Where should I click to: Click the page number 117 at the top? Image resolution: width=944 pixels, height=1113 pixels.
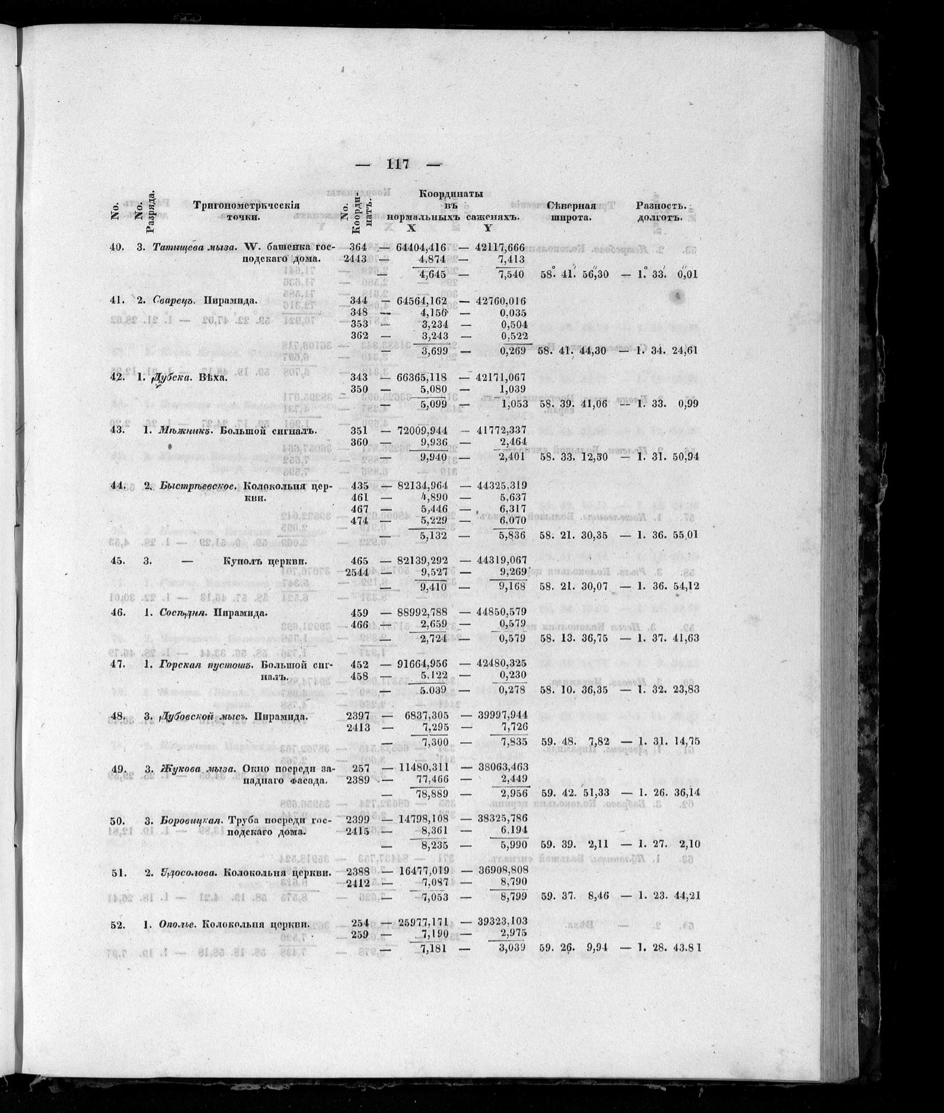click(398, 164)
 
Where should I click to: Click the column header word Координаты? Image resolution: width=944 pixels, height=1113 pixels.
click(451, 194)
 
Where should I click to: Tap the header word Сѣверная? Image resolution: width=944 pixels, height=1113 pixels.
click(570, 206)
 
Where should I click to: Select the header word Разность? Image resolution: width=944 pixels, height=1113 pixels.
click(661, 206)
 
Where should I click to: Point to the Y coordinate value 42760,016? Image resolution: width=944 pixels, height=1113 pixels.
click(501, 300)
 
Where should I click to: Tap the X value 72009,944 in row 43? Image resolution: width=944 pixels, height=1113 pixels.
click(421, 430)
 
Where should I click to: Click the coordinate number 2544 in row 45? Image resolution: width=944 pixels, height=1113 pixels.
click(356, 573)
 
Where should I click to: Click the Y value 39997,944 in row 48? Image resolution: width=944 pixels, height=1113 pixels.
click(501, 716)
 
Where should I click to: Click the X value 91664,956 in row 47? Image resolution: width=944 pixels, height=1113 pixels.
click(421, 664)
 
